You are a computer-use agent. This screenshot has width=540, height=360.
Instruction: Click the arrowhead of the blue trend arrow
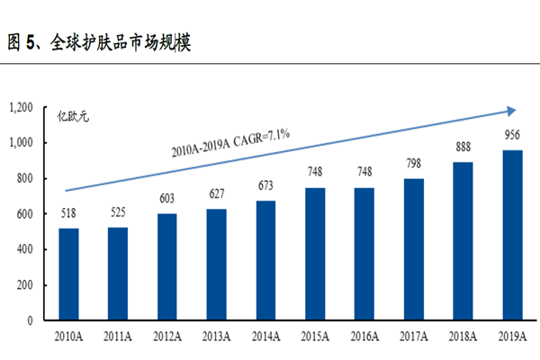pyautogui.click(x=510, y=111)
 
